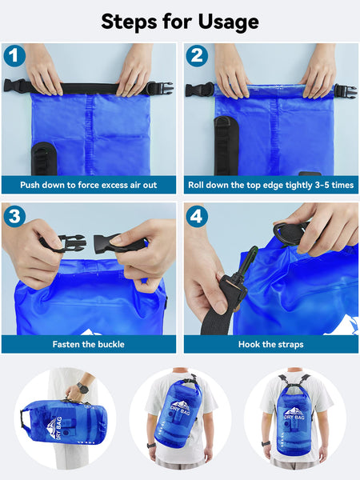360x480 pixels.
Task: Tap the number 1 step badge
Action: [x=14, y=56]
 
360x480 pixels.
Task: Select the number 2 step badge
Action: [x=197, y=56]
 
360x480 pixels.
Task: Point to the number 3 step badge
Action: [x=14, y=216]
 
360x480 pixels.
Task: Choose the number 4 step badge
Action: [x=197, y=216]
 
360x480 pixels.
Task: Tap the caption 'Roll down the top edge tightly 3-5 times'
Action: [x=270, y=185]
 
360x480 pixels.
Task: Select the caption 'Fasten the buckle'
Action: [x=88, y=344]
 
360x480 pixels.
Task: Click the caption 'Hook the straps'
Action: [x=270, y=344]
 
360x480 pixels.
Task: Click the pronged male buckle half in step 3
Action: [x=54, y=242]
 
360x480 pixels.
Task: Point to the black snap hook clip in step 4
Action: [x=237, y=276]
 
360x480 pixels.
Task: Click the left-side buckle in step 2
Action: [x=198, y=89]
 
